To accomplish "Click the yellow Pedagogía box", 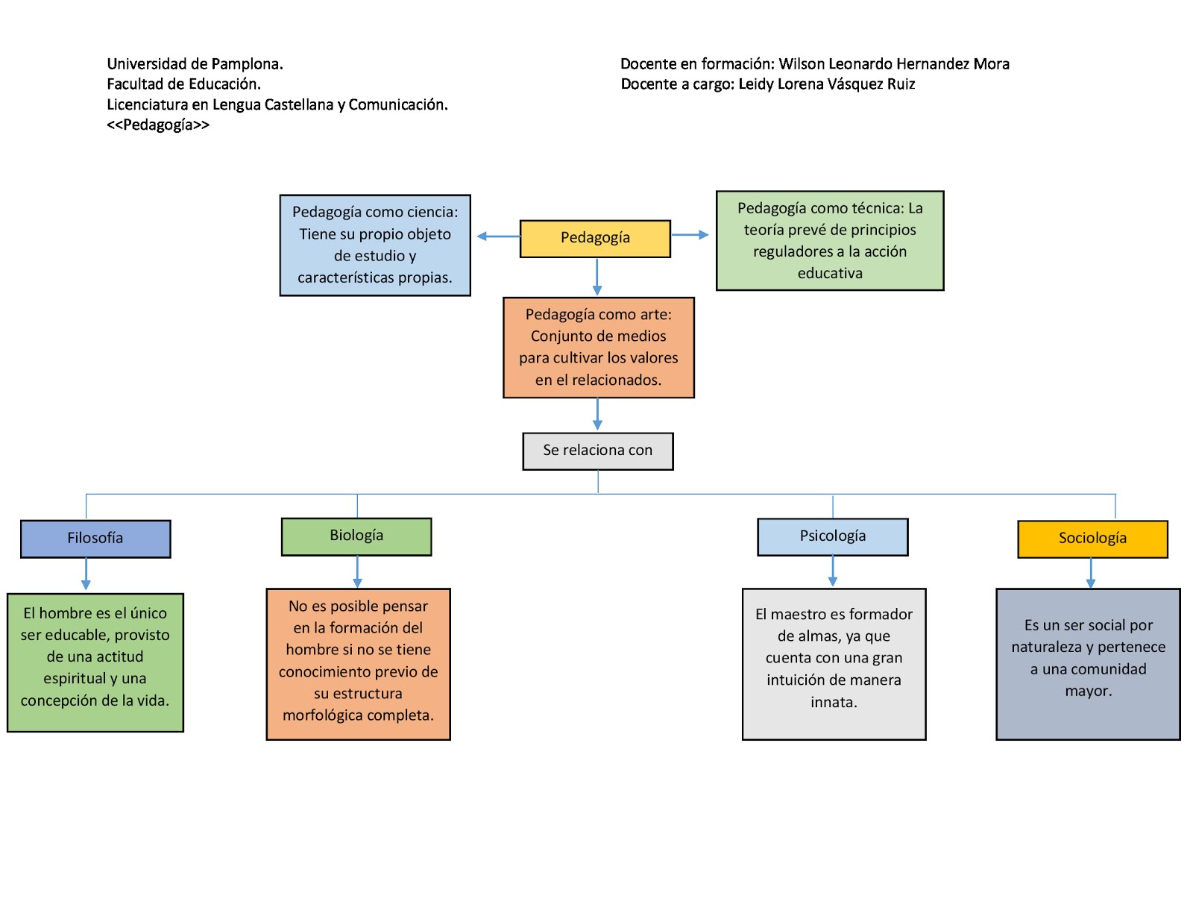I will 595,238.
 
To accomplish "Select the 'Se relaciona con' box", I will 597,451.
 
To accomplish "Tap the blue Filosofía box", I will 95,538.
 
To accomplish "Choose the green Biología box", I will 356,536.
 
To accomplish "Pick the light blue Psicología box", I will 832,536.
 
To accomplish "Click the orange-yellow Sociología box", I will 1092,539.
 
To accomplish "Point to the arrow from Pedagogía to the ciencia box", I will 497,236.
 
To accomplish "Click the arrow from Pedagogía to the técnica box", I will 690,235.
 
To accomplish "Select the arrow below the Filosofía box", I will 86,574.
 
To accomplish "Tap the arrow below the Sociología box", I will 1090,573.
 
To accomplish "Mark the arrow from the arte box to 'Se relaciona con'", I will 597,415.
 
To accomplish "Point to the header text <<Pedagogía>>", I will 158,125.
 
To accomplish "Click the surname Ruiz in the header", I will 901,84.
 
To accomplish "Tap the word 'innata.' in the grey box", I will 834,702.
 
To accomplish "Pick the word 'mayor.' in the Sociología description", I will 1088,691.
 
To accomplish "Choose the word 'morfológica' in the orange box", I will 321,715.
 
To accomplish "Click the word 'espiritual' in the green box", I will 75,679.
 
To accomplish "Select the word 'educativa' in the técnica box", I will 830,274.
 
